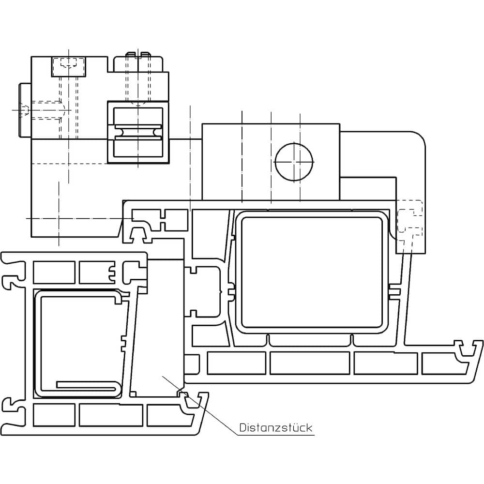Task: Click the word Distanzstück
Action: (276, 427)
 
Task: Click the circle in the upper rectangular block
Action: (294, 162)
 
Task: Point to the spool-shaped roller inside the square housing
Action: (138, 132)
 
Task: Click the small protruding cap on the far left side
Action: (25, 110)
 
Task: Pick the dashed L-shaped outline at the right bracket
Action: (409, 220)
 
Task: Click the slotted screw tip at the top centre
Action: (138, 55)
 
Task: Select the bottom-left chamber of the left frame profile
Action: (54, 415)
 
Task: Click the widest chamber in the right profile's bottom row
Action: (310, 363)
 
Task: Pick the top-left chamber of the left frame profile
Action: (54, 272)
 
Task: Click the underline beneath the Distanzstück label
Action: (276, 435)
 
